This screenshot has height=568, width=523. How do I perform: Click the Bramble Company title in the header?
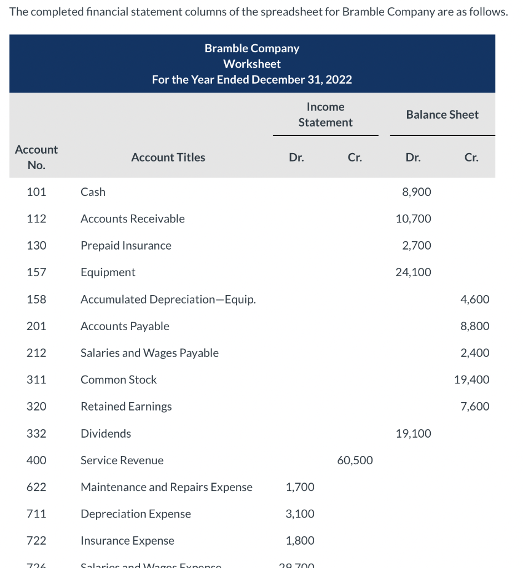point(252,48)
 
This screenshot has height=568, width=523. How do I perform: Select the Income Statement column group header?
point(325,114)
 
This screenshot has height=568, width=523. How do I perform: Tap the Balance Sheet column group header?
point(442,114)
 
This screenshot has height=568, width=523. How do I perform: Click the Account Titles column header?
point(168,158)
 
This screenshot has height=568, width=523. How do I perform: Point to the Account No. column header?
point(36,158)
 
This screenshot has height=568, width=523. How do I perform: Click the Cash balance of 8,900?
point(416,192)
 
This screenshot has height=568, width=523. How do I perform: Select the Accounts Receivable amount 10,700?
point(413,219)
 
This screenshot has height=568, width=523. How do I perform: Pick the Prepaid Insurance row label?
point(126,245)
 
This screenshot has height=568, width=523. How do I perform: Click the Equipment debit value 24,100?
point(413,272)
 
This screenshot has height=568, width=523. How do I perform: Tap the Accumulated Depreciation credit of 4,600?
point(475,299)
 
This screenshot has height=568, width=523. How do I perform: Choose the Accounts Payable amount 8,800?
point(475,326)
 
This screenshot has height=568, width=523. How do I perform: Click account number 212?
point(36,353)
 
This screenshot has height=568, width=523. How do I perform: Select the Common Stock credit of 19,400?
point(472,380)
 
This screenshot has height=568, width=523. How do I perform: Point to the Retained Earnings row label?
point(126,407)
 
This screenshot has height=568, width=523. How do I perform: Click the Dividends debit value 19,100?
point(413,433)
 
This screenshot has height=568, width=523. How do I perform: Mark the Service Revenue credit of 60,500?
point(355,460)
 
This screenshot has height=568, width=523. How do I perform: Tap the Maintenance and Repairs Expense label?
point(167,487)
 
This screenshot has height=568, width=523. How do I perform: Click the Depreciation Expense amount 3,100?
point(300,514)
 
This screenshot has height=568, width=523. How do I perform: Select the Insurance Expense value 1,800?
point(300,540)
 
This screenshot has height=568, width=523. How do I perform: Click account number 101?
point(36,192)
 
